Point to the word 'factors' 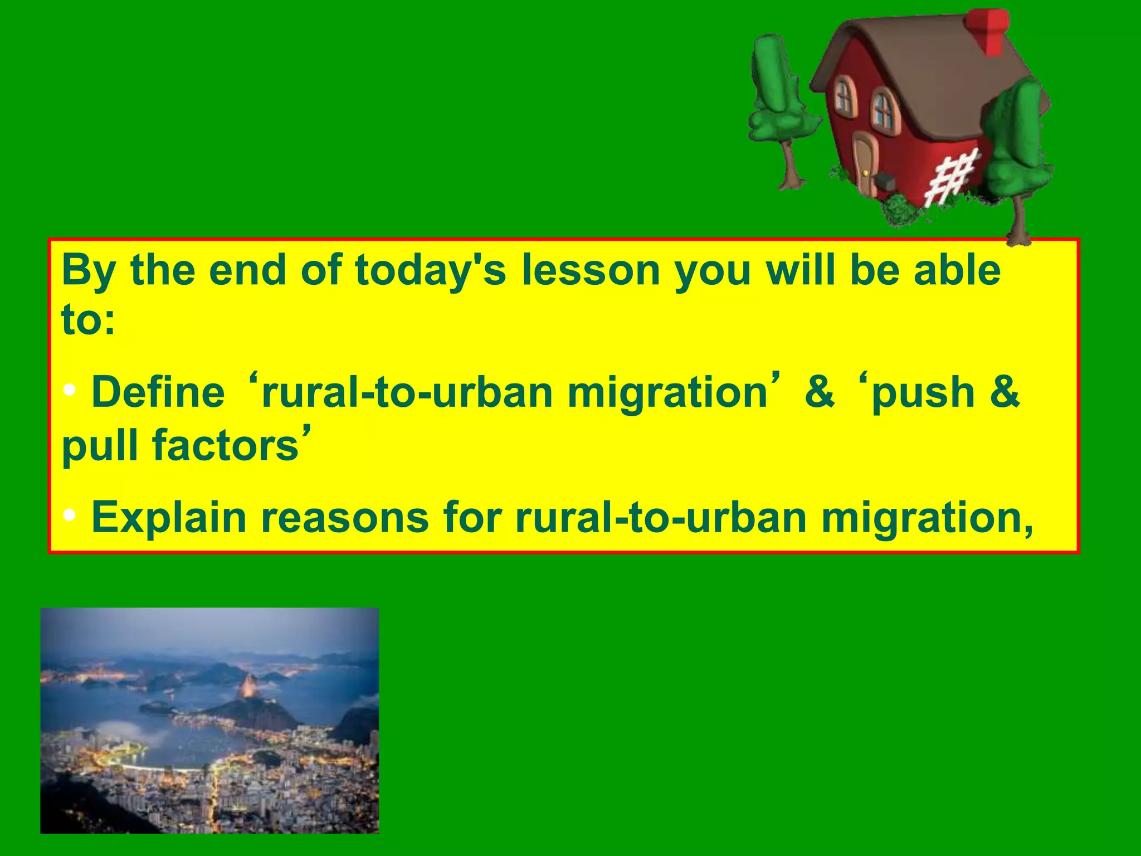[x=226, y=446]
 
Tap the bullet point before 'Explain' [x=70, y=515]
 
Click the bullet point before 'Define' [x=70, y=390]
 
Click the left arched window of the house [x=844, y=95]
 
